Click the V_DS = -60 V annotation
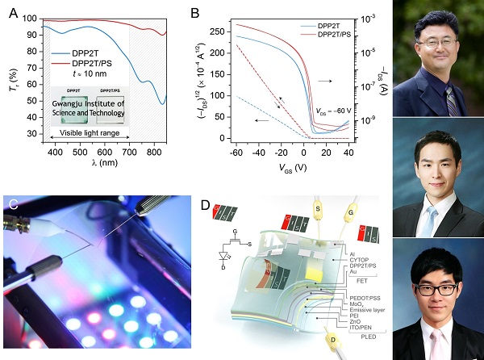click(x=330, y=111)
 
